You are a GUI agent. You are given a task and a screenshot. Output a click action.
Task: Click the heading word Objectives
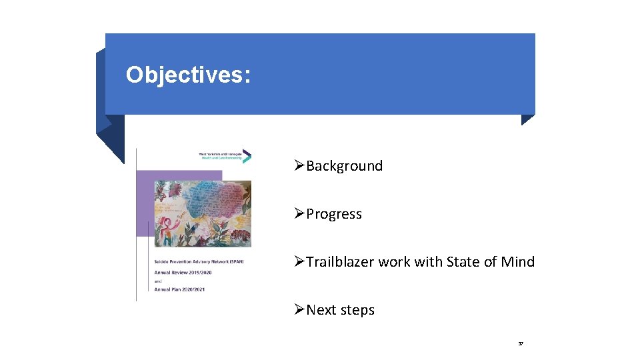(x=187, y=75)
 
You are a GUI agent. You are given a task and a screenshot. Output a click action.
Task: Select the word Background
(x=344, y=166)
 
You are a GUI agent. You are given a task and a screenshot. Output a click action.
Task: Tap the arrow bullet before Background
(x=299, y=166)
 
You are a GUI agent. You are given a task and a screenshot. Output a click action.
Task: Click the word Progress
(x=334, y=214)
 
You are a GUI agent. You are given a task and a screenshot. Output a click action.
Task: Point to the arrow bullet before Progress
(x=299, y=214)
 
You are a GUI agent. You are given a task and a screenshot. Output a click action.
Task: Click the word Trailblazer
(x=340, y=262)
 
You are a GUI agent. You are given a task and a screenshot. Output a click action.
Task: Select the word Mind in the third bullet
(x=518, y=262)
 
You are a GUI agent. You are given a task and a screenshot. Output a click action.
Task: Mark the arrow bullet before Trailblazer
(x=299, y=262)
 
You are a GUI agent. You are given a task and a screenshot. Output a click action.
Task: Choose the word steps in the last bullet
(x=357, y=310)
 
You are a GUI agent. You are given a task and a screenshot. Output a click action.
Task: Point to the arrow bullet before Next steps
(x=299, y=310)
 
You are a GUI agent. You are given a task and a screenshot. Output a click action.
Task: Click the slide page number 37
(x=521, y=344)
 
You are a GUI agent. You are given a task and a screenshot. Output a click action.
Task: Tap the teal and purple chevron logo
(x=246, y=157)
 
